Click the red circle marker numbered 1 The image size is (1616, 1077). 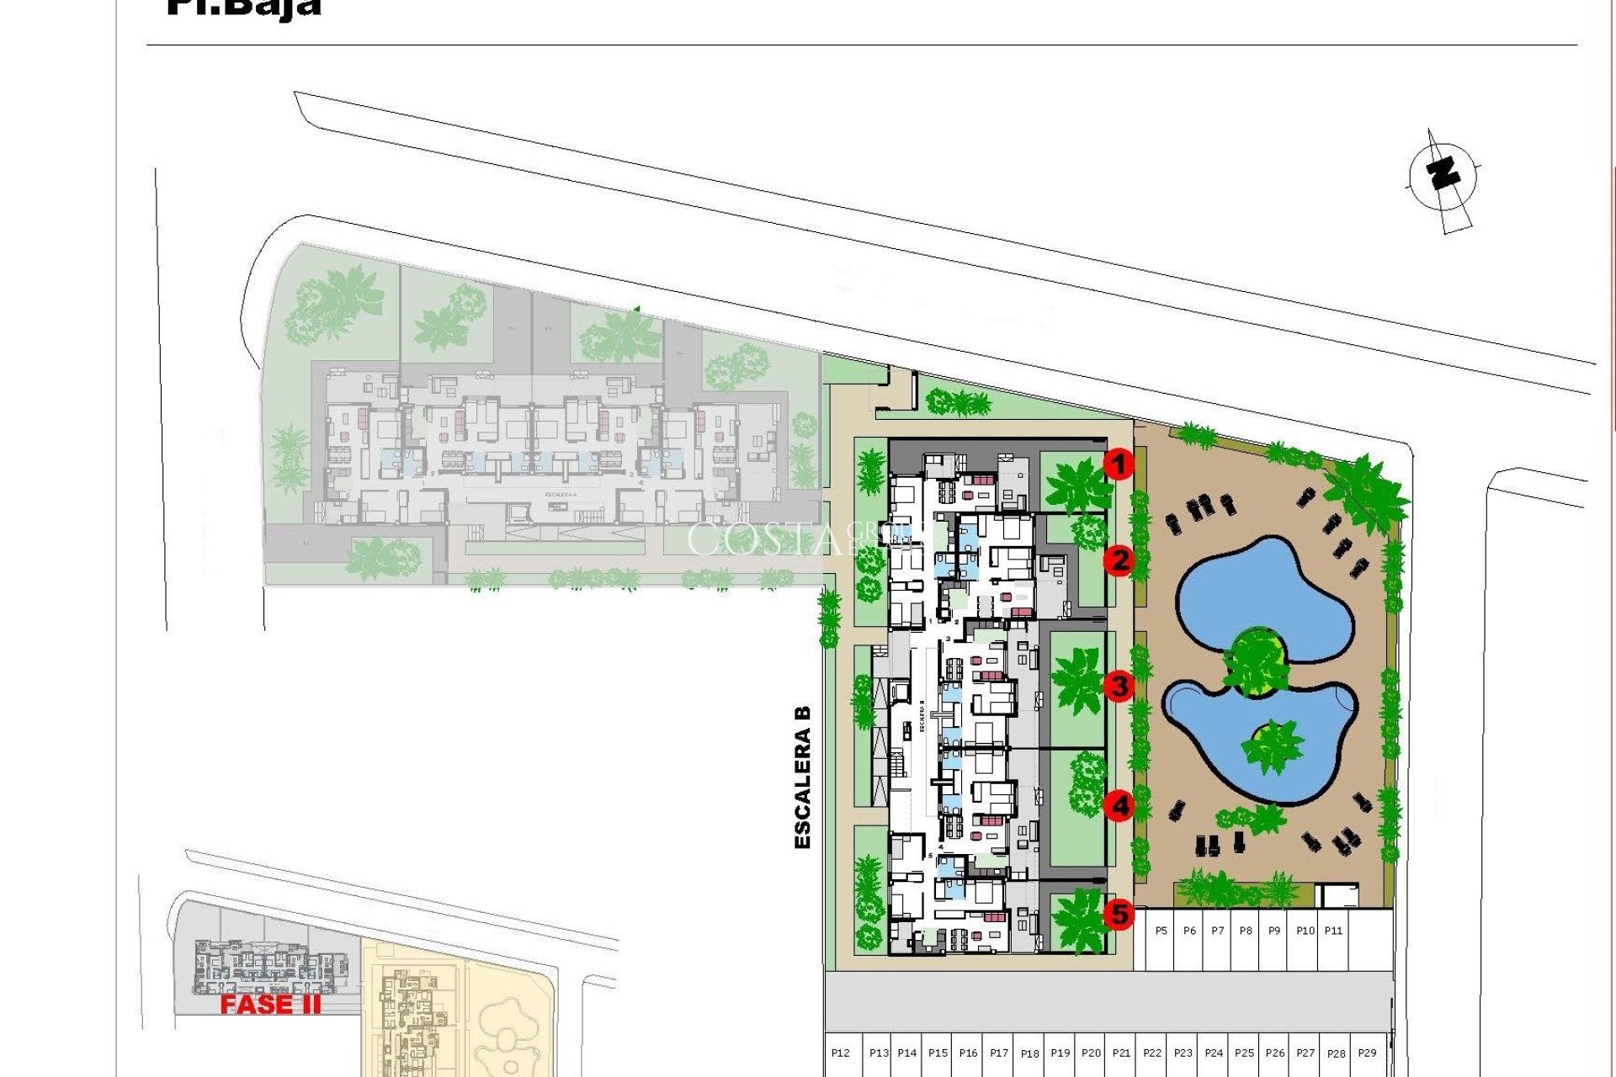coord(1119,464)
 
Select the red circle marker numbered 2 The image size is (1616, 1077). coord(1119,560)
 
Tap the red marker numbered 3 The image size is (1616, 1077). coord(1119,686)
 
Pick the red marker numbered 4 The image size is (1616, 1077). coord(1119,806)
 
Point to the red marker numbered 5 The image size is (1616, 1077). coord(1119,913)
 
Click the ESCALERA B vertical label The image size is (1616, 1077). coord(803,777)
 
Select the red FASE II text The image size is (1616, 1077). coord(270,1005)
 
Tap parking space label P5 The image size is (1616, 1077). coord(1161,931)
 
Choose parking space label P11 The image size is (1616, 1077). coord(1333,931)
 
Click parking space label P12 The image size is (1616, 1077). coord(840,1053)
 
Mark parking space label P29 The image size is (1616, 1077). coord(1367,1053)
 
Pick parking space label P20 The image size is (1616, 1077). coord(1091,1053)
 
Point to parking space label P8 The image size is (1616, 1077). coord(1246,931)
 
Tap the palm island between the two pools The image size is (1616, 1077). coord(1256,661)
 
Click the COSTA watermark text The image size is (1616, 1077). coord(762,539)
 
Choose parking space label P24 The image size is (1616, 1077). coord(1214,1053)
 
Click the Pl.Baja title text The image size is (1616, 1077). coord(244,8)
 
